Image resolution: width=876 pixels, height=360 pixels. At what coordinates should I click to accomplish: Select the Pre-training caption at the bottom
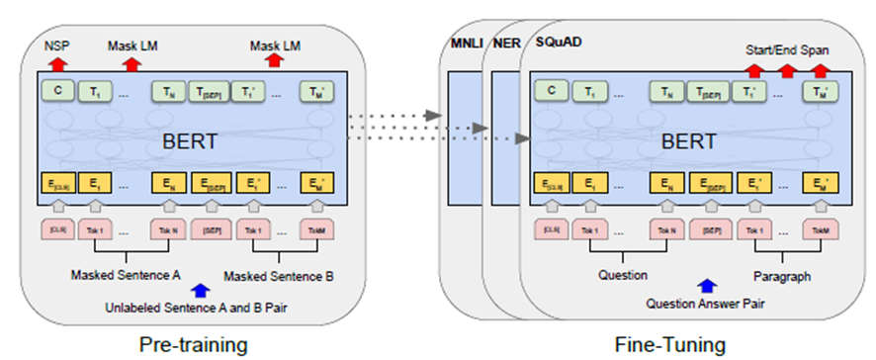(x=193, y=344)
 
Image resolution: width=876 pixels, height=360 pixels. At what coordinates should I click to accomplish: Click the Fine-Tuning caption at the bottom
(x=669, y=344)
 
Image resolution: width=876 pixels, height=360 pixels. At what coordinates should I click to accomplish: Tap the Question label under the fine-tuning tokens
(x=622, y=276)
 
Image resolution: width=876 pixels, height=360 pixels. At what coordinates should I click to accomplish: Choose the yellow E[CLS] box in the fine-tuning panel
(x=550, y=183)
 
